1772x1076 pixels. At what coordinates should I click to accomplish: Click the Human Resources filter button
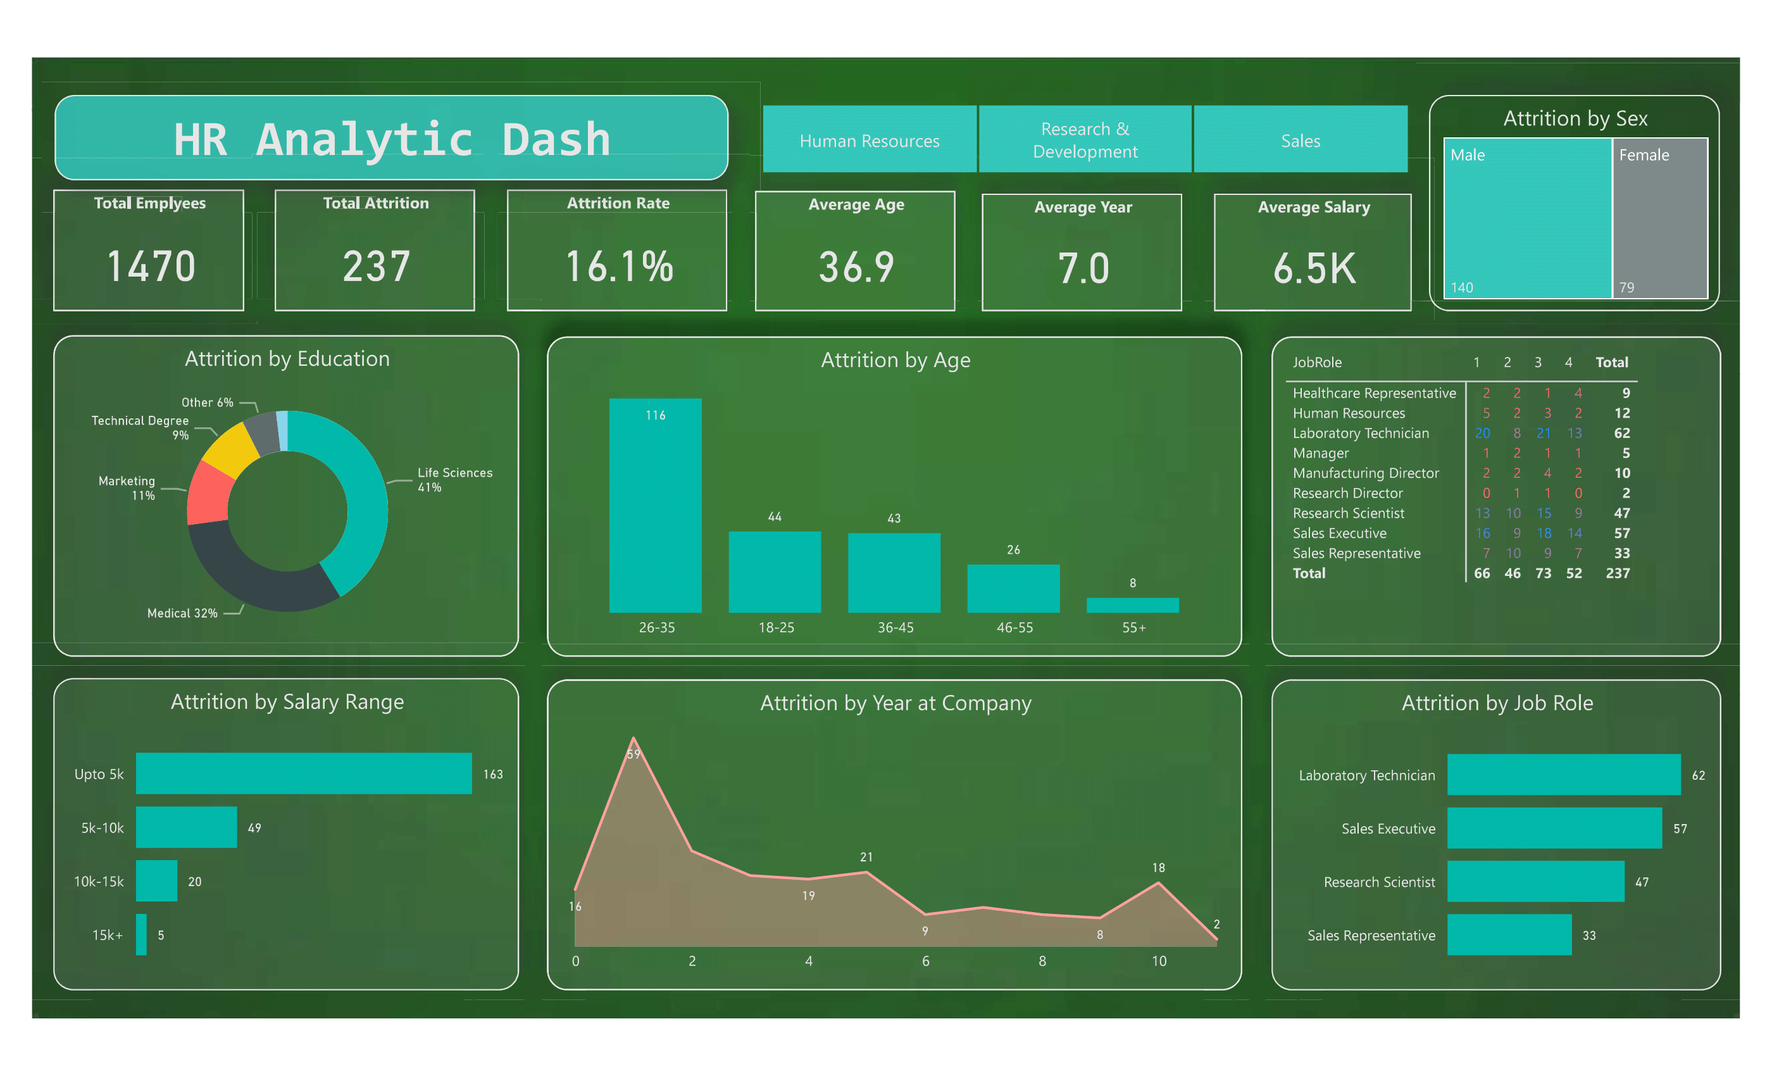869,141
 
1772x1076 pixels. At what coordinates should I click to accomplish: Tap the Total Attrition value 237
376,266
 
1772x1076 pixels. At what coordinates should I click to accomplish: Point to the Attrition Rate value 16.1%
618,266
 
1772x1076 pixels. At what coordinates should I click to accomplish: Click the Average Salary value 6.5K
1314,268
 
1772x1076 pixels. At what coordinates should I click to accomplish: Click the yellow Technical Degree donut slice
230,449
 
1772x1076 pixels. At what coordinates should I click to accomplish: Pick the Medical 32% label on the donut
182,613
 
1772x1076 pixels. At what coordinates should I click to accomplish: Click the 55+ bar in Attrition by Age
1133,605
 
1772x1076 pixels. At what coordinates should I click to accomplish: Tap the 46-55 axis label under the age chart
1014,627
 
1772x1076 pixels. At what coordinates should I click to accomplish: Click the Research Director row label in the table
1347,492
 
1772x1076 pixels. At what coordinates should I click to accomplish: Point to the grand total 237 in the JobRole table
1618,573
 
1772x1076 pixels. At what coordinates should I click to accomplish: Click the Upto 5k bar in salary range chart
304,773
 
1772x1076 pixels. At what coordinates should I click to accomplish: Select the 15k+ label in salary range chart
107,935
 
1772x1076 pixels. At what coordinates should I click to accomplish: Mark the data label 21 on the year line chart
866,856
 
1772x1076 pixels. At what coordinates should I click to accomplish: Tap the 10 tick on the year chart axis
1159,961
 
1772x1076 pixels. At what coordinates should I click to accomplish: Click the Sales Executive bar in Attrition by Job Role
1554,828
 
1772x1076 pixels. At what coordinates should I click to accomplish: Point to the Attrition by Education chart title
287,358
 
